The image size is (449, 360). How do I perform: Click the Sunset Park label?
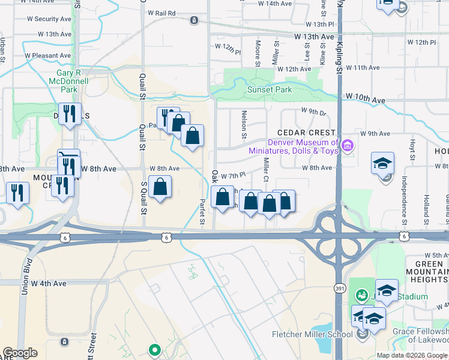point(270,90)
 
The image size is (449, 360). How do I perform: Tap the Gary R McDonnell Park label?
point(68,81)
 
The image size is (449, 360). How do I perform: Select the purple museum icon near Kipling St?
point(346,145)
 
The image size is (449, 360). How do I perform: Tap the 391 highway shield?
point(339,289)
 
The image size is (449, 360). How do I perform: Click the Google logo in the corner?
point(20,353)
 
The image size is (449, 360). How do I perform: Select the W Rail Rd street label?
point(157,13)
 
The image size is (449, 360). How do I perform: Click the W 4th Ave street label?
point(49,283)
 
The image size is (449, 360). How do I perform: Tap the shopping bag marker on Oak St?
point(222,197)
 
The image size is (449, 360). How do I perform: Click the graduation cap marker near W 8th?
point(382,163)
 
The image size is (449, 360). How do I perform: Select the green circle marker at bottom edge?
point(154,349)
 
